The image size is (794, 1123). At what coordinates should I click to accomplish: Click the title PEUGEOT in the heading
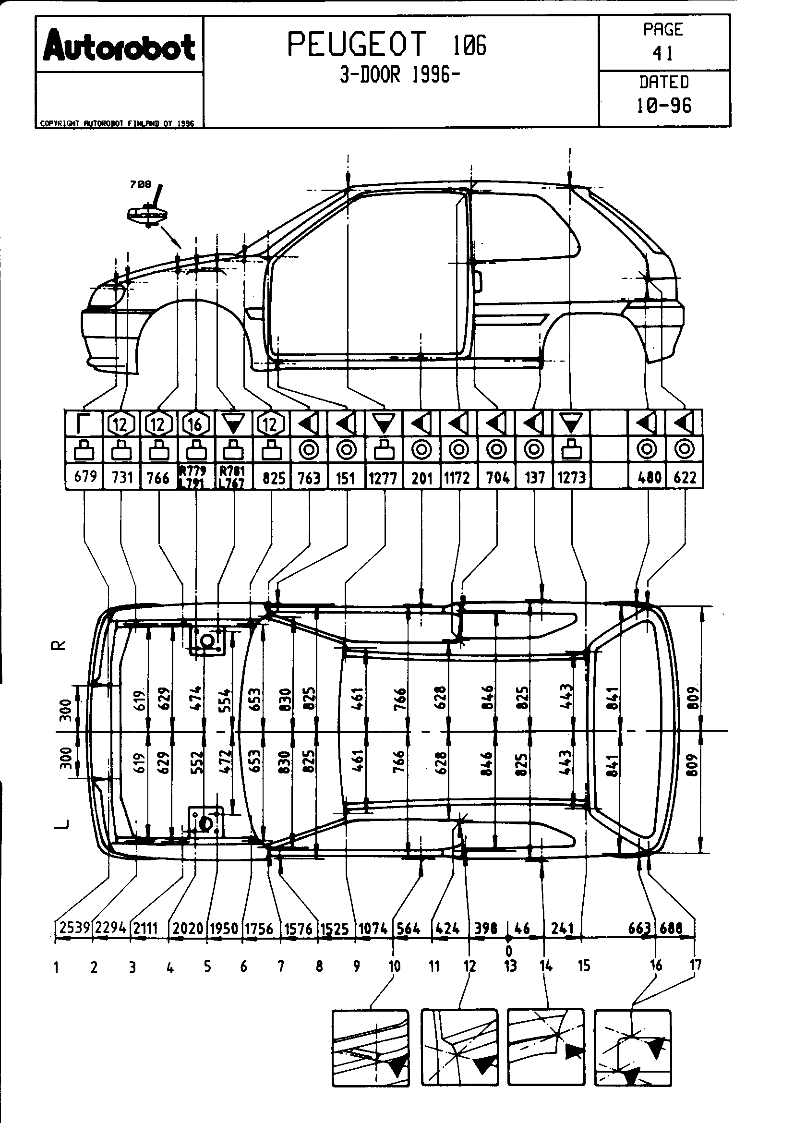(x=356, y=45)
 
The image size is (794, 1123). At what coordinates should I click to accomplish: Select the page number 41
(x=663, y=53)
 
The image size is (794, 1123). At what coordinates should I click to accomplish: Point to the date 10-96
(x=664, y=105)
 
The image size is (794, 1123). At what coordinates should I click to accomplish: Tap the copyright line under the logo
(x=117, y=124)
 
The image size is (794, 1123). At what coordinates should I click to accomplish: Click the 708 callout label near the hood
(x=140, y=184)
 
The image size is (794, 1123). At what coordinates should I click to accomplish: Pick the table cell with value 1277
(x=383, y=477)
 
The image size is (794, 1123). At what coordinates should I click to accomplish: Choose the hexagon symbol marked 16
(x=195, y=424)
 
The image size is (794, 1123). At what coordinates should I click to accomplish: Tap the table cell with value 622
(x=685, y=477)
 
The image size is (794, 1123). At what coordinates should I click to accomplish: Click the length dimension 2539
(x=73, y=928)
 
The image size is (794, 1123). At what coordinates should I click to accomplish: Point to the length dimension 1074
(x=373, y=928)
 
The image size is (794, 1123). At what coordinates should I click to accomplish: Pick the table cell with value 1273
(x=572, y=477)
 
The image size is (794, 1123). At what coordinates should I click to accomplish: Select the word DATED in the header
(x=664, y=82)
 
